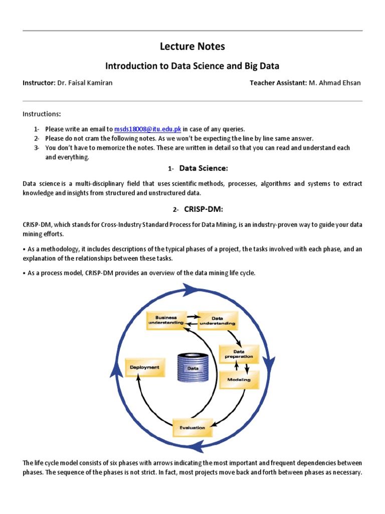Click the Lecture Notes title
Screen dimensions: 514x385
point(192,47)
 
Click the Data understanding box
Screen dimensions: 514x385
point(217,320)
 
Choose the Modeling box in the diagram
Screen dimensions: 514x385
point(239,379)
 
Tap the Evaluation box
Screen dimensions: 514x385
point(192,428)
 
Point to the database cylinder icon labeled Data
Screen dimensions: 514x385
point(192,368)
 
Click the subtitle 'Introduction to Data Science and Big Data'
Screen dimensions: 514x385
point(192,66)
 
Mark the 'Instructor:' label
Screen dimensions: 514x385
point(39,83)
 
